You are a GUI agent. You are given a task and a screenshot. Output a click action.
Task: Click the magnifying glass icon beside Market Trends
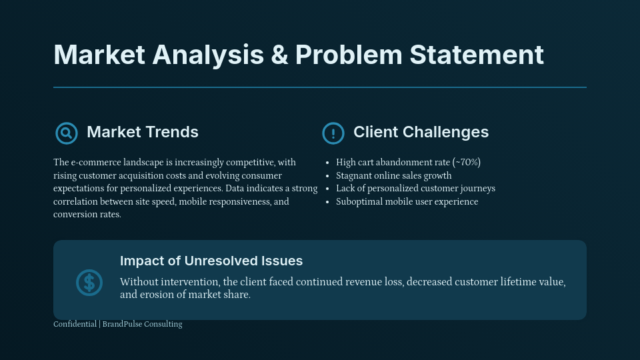pos(66,133)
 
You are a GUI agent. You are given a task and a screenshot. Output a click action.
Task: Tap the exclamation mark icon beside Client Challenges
pos(333,133)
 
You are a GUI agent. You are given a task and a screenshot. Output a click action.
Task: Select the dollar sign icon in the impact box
pos(89,283)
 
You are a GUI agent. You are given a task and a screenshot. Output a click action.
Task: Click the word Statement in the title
pos(477,55)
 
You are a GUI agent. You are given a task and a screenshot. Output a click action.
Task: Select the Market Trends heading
pos(143,132)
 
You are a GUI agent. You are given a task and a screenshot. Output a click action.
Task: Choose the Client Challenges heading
pos(421,132)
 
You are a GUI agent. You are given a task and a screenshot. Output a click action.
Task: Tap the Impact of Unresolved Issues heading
pos(211,261)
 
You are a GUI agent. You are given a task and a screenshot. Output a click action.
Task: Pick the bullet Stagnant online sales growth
pos(393,176)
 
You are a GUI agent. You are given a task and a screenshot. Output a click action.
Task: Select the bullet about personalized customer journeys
pos(415,189)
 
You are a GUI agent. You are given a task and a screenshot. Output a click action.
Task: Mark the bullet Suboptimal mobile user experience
pos(407,202)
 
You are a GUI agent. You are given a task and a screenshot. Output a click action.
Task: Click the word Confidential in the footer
pos(75,324)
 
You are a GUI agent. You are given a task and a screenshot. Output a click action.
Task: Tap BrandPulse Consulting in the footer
pos(142,324)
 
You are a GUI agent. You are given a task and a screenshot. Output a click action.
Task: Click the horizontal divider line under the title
pos(320,87)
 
